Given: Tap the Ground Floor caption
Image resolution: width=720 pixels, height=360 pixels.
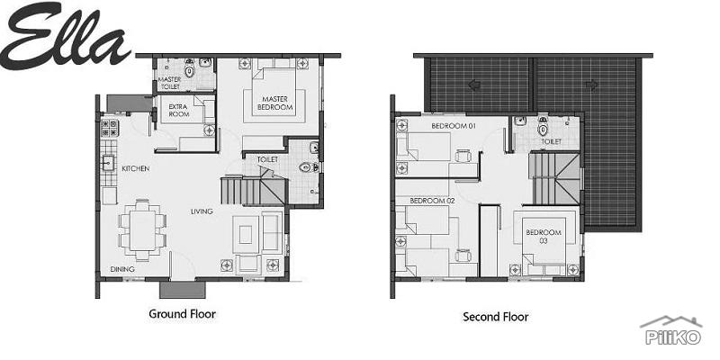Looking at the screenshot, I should point(182,314).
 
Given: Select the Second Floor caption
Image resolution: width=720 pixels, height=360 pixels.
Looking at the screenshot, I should point(495,317).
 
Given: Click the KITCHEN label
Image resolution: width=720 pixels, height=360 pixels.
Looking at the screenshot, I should point(136,168).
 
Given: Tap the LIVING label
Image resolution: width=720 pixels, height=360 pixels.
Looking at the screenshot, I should point(201,211).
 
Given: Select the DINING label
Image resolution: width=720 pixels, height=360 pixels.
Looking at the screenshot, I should point(123,269).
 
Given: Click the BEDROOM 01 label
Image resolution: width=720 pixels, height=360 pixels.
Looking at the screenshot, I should point(453,126).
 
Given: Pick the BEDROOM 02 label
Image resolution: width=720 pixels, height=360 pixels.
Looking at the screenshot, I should point(431,200).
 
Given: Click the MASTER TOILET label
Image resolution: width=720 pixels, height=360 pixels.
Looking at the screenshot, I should point(171,83).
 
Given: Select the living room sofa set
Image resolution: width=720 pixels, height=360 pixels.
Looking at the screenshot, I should point(247,237).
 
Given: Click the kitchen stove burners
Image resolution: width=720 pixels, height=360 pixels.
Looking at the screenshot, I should point(110,128).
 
